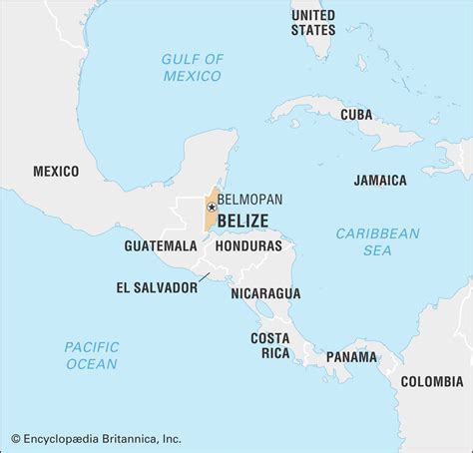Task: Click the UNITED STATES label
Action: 313,22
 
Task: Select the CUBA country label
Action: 356,115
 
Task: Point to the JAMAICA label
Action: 380,181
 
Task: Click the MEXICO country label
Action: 56,172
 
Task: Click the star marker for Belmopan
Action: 212,208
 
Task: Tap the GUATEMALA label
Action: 161,245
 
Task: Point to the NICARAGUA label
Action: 265,293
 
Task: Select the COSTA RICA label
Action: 269,346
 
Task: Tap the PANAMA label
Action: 351,356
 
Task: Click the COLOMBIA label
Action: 432,381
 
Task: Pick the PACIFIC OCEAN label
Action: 91,355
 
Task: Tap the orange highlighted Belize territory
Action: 211,220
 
